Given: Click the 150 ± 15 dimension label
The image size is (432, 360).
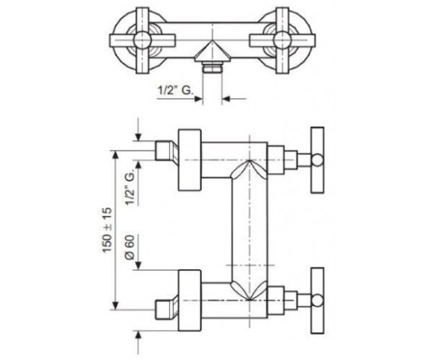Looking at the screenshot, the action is [x=108, y=230].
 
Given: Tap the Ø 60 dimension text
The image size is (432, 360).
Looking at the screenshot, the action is [x=129, y=247].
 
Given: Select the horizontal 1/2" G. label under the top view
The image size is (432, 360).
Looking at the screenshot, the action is [x=175, y=91].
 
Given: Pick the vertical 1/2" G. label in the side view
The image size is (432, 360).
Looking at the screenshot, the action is [x=131, y=189].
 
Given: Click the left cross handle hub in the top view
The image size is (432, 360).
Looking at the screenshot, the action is [x=142, y=40].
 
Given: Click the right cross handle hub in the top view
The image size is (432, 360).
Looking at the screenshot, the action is [x=283, y=40].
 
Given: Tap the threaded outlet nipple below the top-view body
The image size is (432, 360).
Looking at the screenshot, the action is [x=212, y=67].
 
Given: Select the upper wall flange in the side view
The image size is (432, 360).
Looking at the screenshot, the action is [x=189, y=160].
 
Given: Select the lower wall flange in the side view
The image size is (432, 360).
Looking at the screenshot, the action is [x=189, y=301].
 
